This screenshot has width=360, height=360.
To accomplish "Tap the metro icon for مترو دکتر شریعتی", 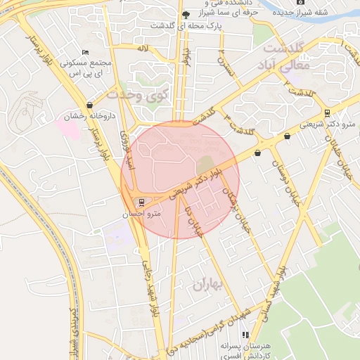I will [327, 113].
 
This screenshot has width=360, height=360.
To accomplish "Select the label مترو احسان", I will [142, 213].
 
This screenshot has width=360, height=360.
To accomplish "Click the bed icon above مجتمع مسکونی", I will [85, 53].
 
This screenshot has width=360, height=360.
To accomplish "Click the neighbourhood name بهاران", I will [206, 284].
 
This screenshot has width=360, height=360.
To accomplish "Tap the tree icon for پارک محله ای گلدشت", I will [186, 15].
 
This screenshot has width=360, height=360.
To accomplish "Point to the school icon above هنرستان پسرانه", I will [245, 335].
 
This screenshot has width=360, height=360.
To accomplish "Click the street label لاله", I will [143, 48].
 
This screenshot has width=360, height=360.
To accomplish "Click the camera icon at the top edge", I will [301, 2].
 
